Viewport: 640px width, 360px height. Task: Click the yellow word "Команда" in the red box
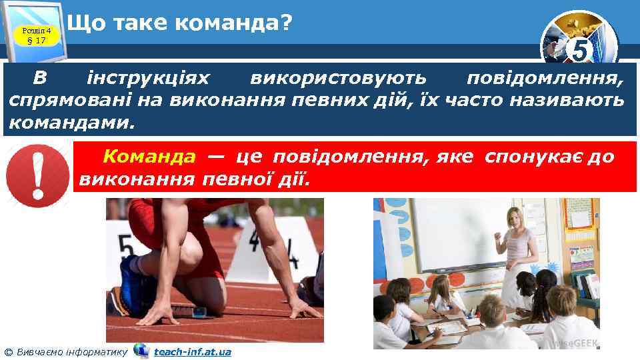point(149,157)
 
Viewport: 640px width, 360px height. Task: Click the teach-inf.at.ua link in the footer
point(192,351)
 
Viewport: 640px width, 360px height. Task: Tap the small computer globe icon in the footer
point(141,351)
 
